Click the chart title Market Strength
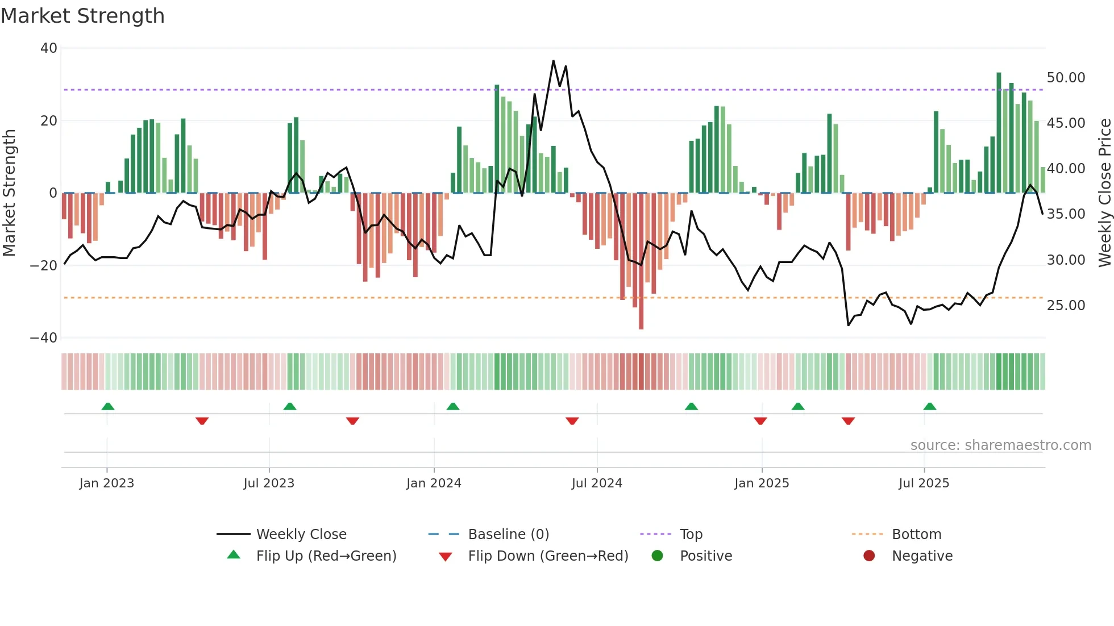82,16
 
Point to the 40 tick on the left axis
49,48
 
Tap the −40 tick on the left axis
44,338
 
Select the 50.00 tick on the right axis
1066,78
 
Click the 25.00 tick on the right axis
1066,306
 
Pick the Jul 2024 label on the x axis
597,483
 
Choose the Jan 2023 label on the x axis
107,483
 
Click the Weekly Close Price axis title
1104,193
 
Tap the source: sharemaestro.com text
1000,445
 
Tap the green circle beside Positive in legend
658,556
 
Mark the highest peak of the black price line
553,61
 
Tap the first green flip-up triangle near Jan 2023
108,406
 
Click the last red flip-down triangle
848,421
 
